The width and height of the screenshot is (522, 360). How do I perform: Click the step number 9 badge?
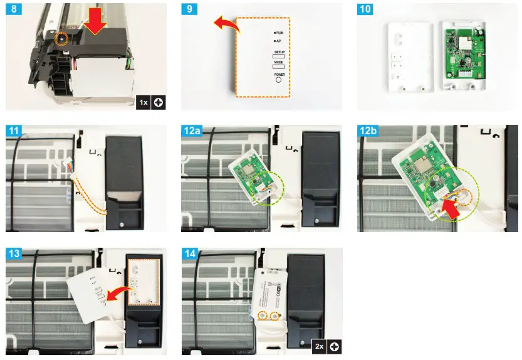(x=190, y=10)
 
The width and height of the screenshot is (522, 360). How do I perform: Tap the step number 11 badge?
(x=13, y=132)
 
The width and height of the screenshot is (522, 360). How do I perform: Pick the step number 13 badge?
(x=13, y=254)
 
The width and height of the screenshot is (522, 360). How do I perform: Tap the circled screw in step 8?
(x=61, y=39)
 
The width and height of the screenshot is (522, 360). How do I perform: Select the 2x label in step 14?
(x=320, y=346)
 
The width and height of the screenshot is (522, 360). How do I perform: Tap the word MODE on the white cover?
(x=279, y=63)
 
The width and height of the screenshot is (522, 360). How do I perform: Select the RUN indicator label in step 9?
(x=280, y=31)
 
